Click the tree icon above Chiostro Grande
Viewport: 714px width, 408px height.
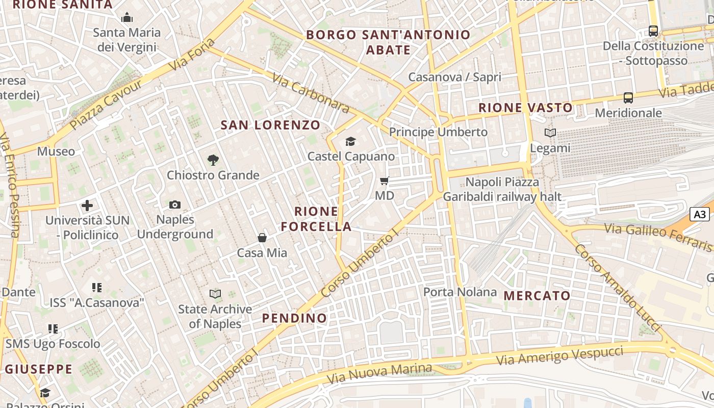(x=213, y=160)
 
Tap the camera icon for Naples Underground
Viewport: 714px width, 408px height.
(x=175, y=205)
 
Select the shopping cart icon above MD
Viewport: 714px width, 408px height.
(x=385, y=181)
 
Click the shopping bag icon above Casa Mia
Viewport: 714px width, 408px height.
(x=262, y=238)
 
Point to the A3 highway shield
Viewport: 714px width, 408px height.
(x=700, y=214)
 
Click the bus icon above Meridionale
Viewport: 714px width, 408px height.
(x=628, y=97)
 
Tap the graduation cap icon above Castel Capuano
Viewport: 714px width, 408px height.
(x=350, y=141)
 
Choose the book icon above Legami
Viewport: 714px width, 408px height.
(x=550, y=133)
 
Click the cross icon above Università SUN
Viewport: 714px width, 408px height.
(x=87, y=206)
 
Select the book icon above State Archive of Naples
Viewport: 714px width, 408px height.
(x=215, y=294)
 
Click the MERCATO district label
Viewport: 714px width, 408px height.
(x=537, y=296)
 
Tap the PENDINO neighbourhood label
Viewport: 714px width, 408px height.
(x=294, y=318)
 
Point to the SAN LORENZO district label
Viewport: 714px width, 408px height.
(x=270, y=125)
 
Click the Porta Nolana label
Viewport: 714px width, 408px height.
(x=460, y=292)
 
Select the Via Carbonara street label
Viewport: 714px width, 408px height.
(x=311, y=92)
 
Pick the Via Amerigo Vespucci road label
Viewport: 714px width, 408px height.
(x=559, y=355)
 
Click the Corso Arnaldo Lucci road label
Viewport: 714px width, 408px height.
(x=618, y=289)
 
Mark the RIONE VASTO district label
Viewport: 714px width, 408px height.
(x=525, y=108)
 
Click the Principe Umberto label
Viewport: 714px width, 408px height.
(x=438, y=132)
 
